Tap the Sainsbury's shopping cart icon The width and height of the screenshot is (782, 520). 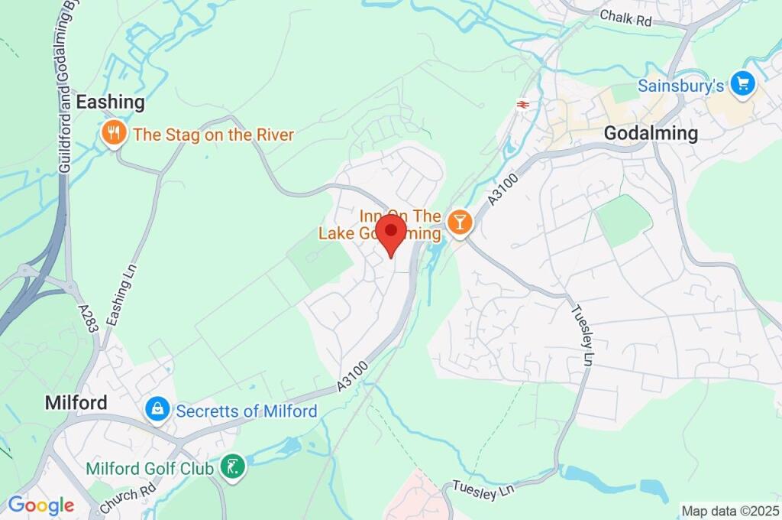click(742, 85)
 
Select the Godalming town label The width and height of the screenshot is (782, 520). click(651, 133)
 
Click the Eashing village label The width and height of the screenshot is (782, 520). click(110, 102)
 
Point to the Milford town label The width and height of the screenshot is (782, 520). click(76, 402)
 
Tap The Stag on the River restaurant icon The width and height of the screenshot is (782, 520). click(113, 135)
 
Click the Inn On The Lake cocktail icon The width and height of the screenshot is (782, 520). click(460, 223)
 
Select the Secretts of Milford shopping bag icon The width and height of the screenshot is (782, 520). click(157, 409)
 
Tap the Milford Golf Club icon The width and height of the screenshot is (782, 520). click(231, 466)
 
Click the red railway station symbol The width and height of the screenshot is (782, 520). click(524, 104)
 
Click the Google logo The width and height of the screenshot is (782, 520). click(41, 505)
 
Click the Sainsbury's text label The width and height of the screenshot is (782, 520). click(680, 86)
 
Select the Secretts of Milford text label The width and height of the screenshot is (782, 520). click(246, 411)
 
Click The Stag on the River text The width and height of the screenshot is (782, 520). click(213, 135)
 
